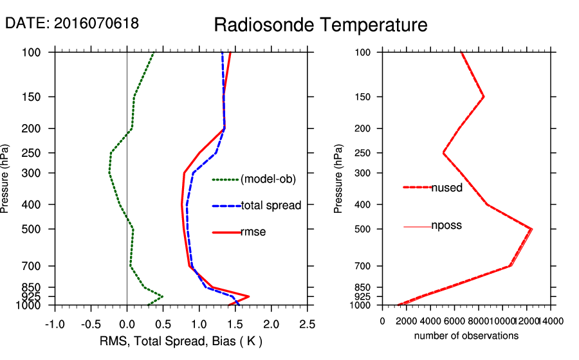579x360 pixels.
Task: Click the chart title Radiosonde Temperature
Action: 320,25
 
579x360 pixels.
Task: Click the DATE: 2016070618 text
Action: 72,23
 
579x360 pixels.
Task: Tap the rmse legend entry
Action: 253,232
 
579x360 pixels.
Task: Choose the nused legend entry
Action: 446,187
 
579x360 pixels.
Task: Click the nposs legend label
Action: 446,226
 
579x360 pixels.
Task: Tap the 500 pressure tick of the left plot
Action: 42,229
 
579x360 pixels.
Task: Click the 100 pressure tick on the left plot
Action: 42,52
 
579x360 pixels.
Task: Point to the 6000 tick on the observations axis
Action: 454,320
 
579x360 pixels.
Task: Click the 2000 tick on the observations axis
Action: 407,320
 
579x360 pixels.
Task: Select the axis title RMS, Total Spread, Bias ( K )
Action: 181,341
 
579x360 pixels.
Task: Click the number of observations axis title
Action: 466,336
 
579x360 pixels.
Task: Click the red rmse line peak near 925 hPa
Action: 249,296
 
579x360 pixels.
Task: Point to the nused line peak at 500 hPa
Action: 531,229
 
